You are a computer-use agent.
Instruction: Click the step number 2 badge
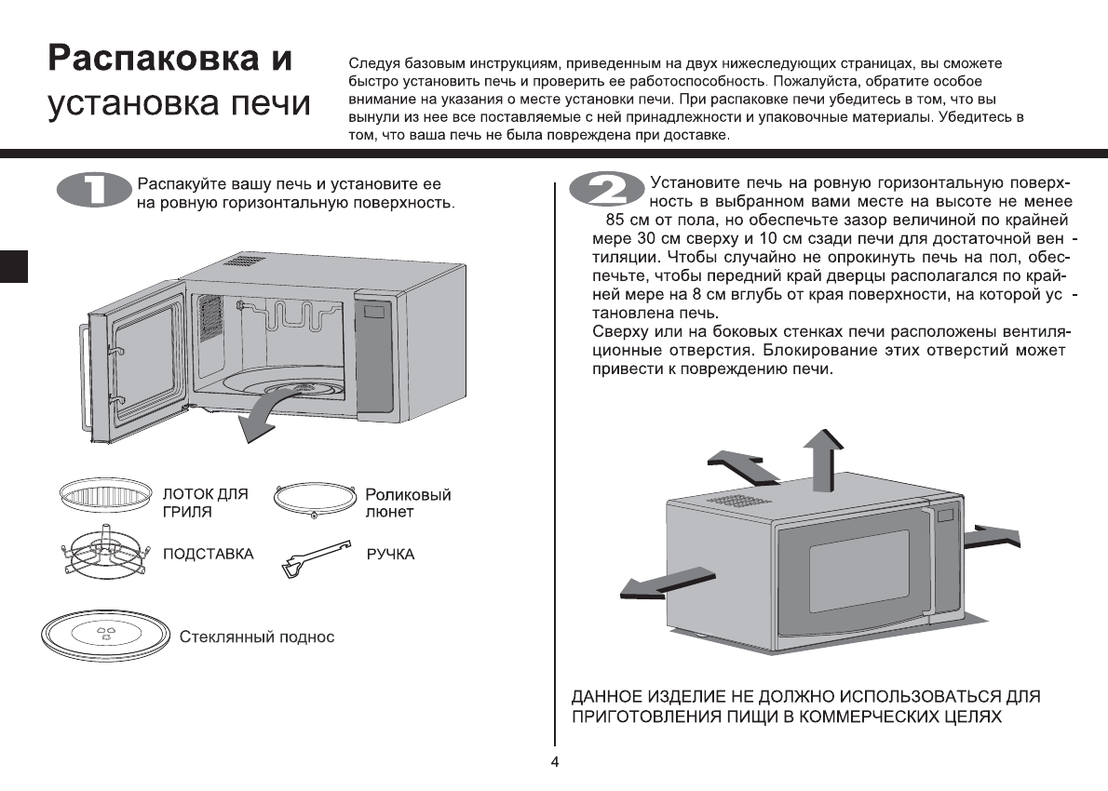pos(606,191)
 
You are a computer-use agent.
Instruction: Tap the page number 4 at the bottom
pos(555,763)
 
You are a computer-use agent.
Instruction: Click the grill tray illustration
pos(105,495)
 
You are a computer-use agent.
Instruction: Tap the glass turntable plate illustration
pos(104,637)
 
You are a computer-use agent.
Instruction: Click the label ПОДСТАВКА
pos(208,555)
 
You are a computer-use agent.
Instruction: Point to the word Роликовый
pos(408,495)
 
